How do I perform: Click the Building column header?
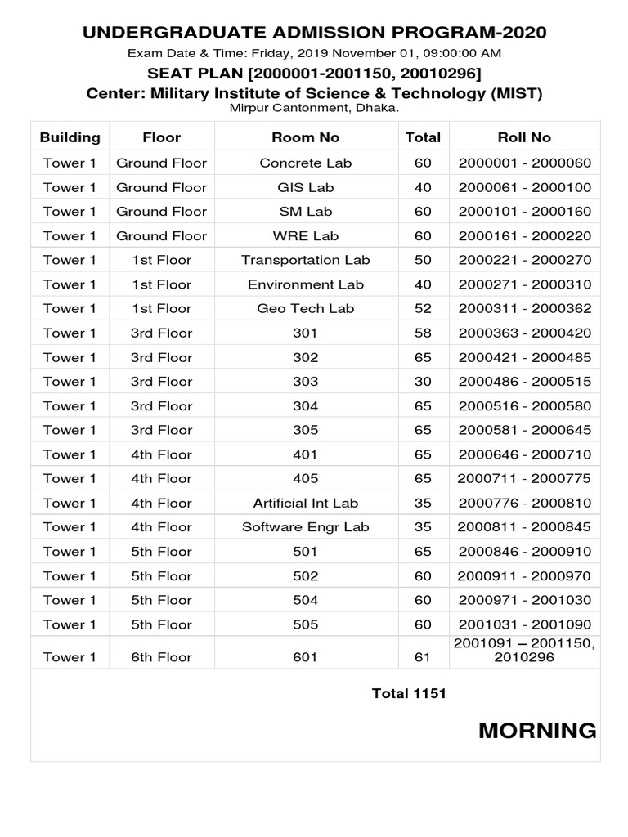[x=70, y=137]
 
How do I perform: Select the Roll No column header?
[x=524, y=137]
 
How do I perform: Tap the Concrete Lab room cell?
[x=305, y=163]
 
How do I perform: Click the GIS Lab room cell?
[x=305, y=187]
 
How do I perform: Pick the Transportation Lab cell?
[x=305, y=260]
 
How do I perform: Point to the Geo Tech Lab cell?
[x=305, y=308]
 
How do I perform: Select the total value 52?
[x=423, y=308]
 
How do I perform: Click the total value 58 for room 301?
[x=423, y=333]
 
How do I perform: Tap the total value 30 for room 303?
[x=423, y=381]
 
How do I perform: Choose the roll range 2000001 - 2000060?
[x=524, y=163]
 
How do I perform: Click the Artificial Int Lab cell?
[x=305, y=503]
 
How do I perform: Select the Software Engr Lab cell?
[x=305, y=527]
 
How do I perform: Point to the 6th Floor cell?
[x=161, y=657]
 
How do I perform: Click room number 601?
[x=305, y=657]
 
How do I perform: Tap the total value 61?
[x=423, y=657]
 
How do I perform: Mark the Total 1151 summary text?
[x=409, y=693]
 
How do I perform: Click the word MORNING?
[x=537, y=731]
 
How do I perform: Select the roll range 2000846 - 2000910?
[x=524, y=551]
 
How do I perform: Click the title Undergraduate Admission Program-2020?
[x=315, y=33]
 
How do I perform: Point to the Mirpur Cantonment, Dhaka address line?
[x=315, y=107]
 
